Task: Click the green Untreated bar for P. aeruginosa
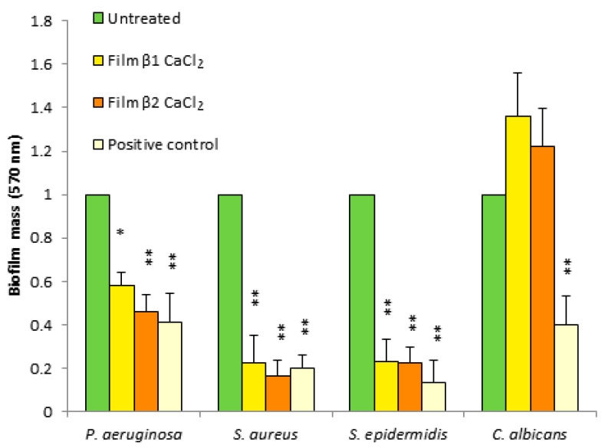point(97,303)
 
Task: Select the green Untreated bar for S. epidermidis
point(362,303)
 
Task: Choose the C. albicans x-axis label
point(528,434)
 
